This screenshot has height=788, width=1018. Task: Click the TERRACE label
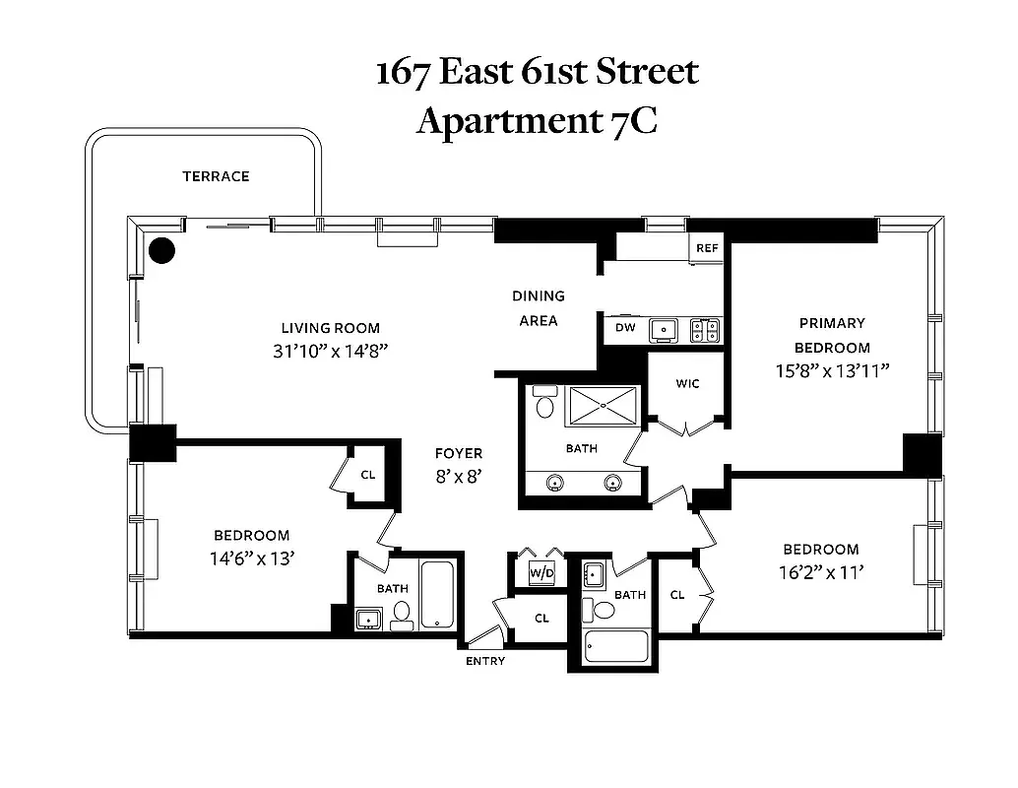click(216, 176)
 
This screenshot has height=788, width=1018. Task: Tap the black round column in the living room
click(162, 250)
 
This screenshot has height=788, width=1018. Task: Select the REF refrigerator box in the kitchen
click(707, 248)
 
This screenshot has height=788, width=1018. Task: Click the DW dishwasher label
click(625, 327)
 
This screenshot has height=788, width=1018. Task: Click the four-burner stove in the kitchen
click(705, 329)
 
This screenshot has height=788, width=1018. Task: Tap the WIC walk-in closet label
click(687, 383)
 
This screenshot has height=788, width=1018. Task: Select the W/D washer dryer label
click(541, 572)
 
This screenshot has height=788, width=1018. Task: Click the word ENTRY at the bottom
click(485, 660)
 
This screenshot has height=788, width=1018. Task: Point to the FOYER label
click(460, 453)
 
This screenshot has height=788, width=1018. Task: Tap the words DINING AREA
click(539, 307)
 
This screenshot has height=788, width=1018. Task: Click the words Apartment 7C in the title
click(537, 120)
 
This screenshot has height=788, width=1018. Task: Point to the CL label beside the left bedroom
click(367, 475)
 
